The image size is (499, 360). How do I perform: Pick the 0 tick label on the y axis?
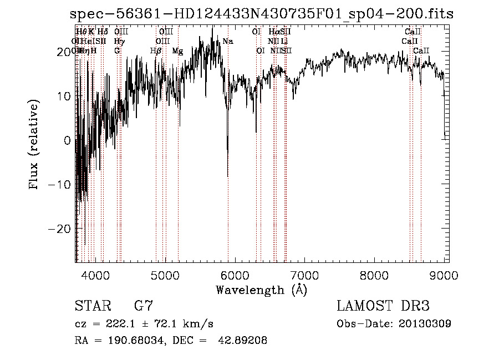(67, 140)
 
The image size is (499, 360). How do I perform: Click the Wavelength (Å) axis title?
(261, 290)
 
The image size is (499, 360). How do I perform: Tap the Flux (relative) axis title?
(34, 145)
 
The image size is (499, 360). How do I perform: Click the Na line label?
(228, 41)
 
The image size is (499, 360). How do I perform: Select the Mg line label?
(177, 51)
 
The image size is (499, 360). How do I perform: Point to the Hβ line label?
(156, 51)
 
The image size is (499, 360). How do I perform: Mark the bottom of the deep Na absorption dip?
(228, 176)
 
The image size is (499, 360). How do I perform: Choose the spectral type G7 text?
(143, 306)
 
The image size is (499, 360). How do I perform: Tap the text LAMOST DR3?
(383, 306)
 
